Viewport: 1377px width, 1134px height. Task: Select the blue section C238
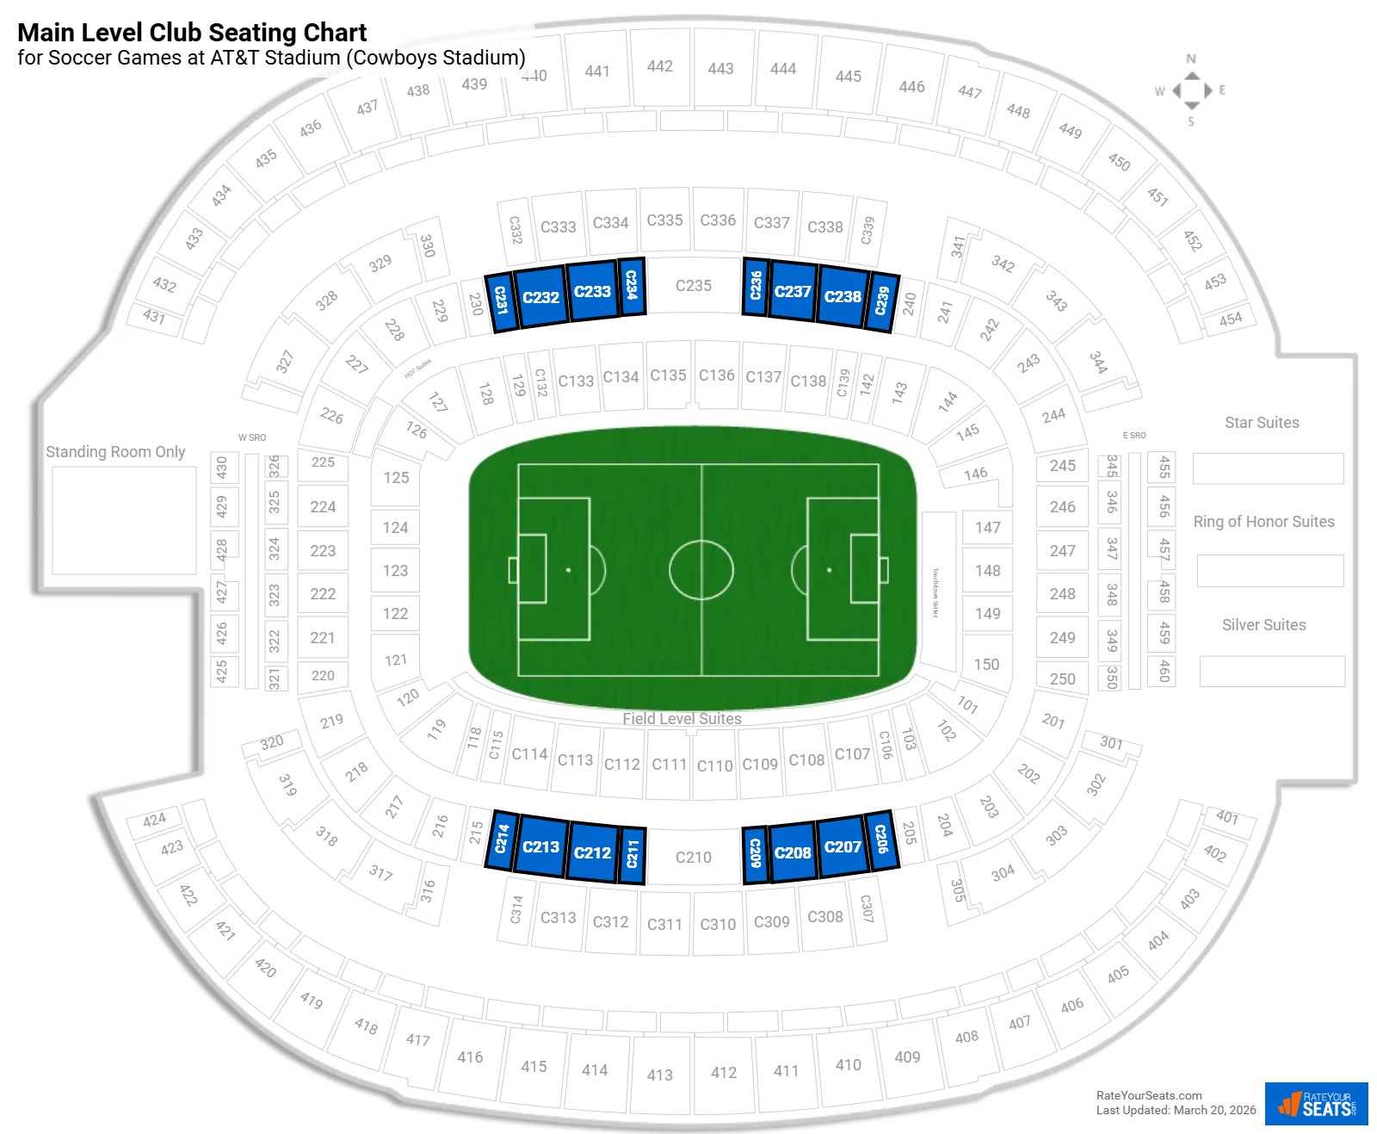pos(843,297)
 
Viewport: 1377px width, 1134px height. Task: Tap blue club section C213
pos(540,847)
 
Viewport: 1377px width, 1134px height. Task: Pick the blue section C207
pos(843,847)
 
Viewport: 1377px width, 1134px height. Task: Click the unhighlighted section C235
pos(693,286)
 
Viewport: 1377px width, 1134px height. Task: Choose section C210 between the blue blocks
pos(693,858)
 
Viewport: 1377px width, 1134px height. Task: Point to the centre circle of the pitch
pos(701,570)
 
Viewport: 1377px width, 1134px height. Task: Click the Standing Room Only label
pos(115,452)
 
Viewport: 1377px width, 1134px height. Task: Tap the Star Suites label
pos(1262,423)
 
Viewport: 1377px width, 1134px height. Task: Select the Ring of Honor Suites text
pos(1263,522)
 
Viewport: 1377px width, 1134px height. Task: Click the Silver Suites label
pos(1263,625)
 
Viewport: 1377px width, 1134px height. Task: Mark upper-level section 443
pos(720,69)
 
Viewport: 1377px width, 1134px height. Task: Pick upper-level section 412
pos(724,1073)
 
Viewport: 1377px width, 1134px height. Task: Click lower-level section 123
pos(395,571)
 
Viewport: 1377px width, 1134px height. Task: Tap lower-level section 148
pos(987,571)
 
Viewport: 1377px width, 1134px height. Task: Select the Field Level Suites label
pos(682,719)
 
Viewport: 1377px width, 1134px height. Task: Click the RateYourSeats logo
pos(1316,1104)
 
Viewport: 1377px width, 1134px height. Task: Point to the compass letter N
pos(1191,59)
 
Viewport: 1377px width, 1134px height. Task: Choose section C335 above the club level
pos(664,220)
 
